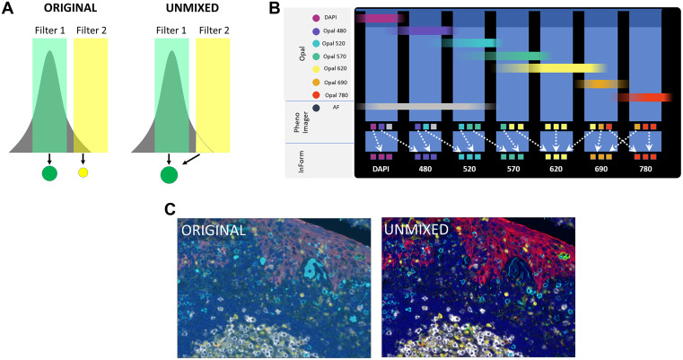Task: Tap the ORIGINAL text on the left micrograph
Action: (x=214, y=230)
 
